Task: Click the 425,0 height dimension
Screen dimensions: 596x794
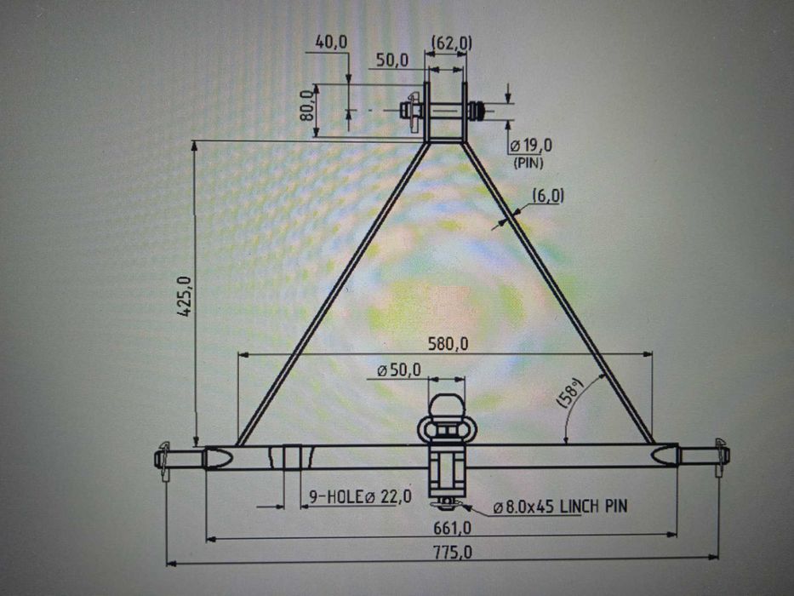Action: pyautogui.click(x=183, y=297)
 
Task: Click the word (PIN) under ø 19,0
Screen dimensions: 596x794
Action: pyautogui.click(x=528, y=161)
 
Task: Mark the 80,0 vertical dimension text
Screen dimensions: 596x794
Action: pyautogui.click(x=308, y=107)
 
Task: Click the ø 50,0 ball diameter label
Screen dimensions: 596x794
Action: pyautogui.click(x=399, y=370)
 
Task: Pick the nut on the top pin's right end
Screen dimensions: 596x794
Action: pyautogui.click(x=478, y=110)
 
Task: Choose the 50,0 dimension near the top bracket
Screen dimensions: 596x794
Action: pyautogui.click(x=392, y=60)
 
